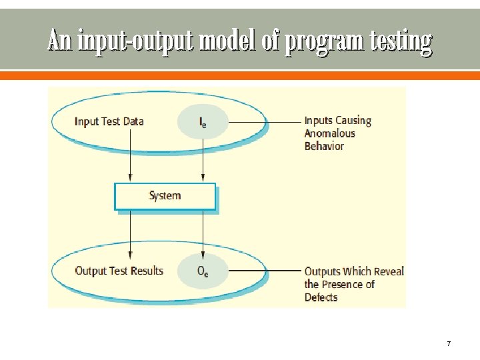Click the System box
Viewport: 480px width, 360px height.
(165, 196)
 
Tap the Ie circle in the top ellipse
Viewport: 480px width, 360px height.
(203, 121)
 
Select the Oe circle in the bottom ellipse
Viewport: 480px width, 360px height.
(203, 271)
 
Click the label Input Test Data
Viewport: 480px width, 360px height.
(109, 121)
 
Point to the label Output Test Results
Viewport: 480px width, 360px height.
(119, 271)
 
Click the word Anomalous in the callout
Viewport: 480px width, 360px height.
(329, 133)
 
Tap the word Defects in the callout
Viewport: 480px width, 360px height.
(321, 297)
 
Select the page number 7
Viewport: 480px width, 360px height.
(449, 344)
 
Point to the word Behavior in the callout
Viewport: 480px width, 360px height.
(324, 146)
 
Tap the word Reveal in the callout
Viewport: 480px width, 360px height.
(389, 271)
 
